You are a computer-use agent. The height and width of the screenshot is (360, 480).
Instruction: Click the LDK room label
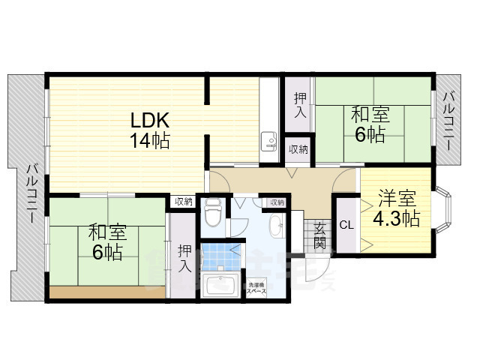150,121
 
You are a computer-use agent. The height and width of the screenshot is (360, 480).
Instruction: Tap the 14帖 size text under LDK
150,140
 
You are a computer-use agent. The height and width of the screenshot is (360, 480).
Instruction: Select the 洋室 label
396,199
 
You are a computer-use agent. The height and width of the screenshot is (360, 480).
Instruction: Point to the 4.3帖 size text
396,219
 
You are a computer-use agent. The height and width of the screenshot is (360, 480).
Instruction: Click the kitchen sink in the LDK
268,141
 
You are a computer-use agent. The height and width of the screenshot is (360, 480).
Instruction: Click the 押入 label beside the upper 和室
299,106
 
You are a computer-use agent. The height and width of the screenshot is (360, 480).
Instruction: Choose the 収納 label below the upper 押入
298,148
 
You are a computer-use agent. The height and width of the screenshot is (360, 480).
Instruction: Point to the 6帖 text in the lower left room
108,252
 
